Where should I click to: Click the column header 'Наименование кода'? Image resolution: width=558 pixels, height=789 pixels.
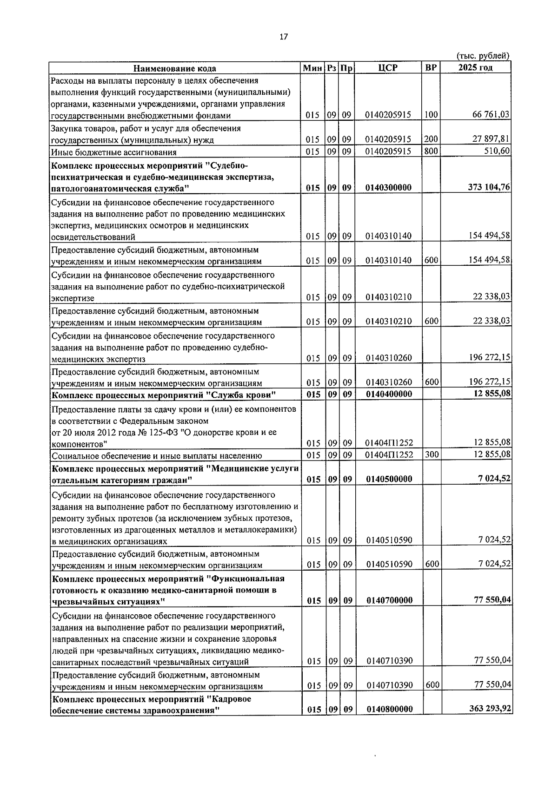[x=175, y=68]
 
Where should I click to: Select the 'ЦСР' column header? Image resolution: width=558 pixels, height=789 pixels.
[x=388, y=68]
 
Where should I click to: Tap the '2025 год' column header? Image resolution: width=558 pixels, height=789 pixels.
[x=475, y=68]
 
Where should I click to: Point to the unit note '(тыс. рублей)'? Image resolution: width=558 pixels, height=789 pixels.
[x=484, y=56]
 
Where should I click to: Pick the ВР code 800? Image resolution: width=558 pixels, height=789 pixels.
[x=431, y=151]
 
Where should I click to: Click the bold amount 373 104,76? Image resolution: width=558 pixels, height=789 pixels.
[x=488, y=187]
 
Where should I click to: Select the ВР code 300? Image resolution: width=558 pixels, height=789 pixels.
[x=432, y=454]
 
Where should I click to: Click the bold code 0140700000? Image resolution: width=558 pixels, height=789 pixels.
[x=389, y=600]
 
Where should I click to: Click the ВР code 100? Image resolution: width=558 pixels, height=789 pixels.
[x=431, y=114]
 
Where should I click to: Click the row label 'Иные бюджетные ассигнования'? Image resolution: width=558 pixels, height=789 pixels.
[x=114, y=152]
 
